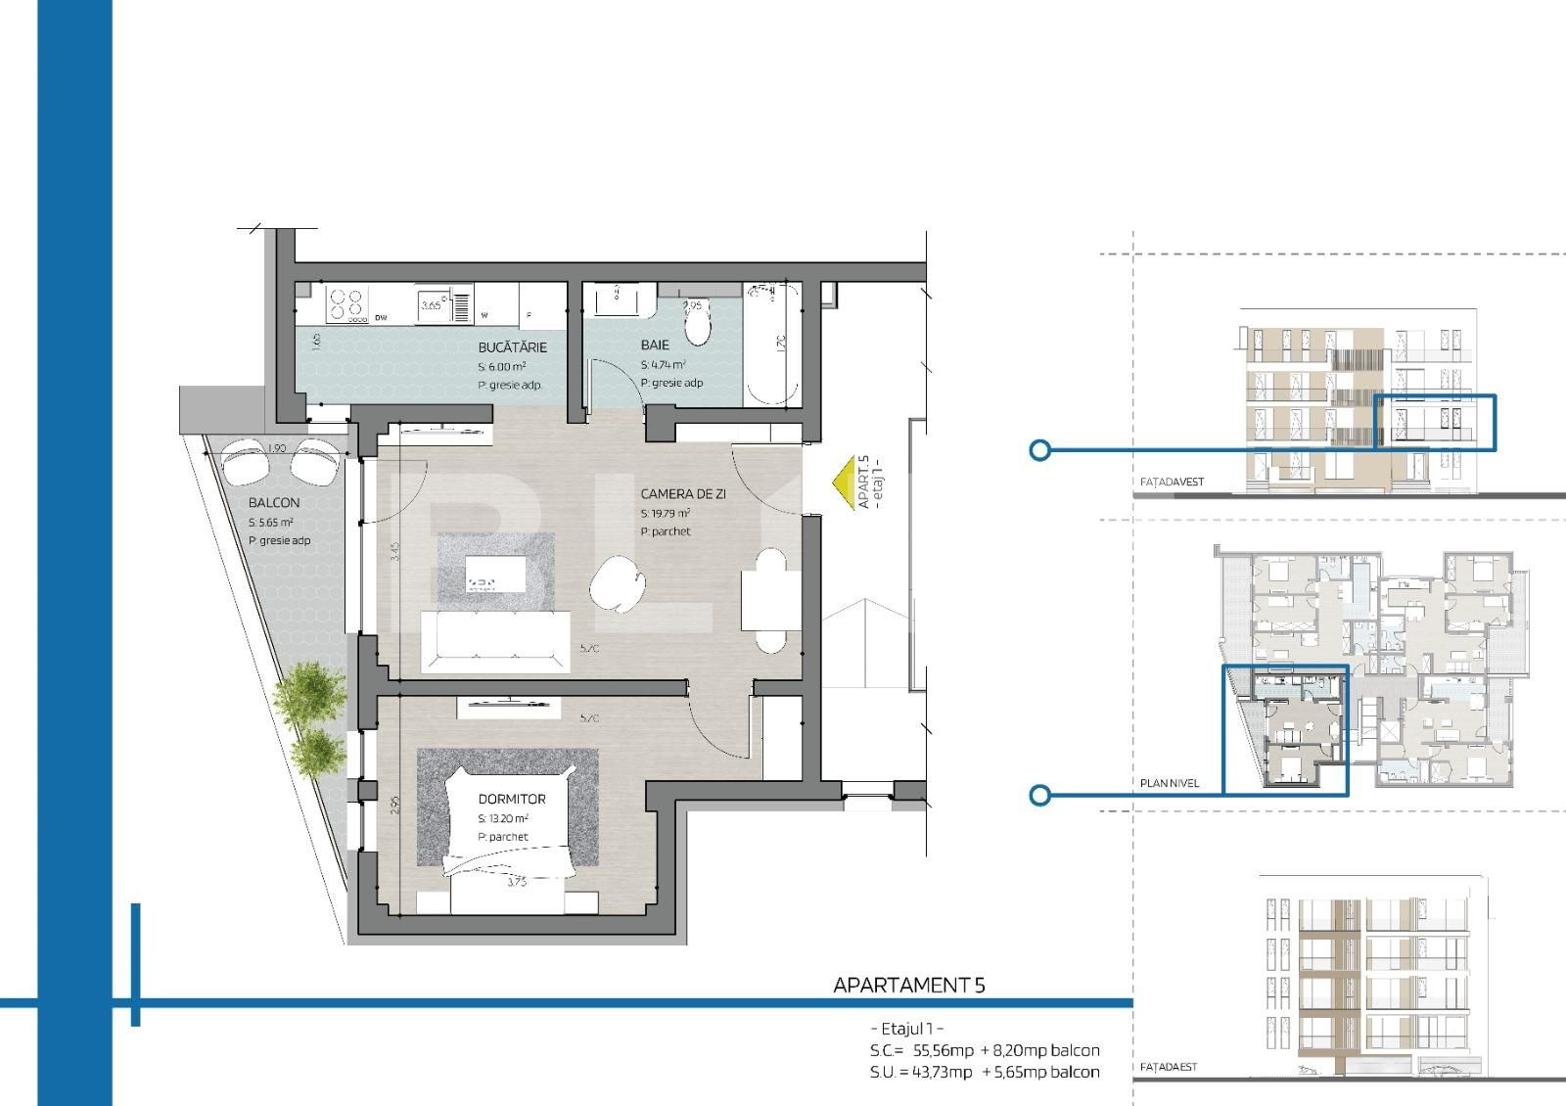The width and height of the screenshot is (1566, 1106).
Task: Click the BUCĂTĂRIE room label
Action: pyautogui.click(x=512, y=347)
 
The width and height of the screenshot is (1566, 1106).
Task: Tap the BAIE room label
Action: pyautogui.click(x=655, y=346)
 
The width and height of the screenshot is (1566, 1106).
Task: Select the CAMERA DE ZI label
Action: pyautogui.click(x=683, y=494)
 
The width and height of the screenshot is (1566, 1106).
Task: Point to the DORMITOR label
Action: pyautogui.click(x=512, y=800)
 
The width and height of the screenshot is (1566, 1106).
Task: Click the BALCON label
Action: pyautogui.click(x=274, y=503)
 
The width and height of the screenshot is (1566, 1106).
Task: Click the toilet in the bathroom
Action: pyautogui.click(x=699, y=328)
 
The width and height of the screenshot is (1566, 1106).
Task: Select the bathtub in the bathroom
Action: pyautogui.click(x=772, y=345)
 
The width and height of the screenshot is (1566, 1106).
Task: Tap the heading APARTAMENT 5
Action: pyautogui.click(x=908, y=986)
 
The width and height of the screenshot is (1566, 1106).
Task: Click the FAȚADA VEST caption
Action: pyautogui.click(x=1172, y=483)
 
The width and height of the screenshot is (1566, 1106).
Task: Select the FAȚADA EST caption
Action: pyautogui.click(x=1169, y=1068)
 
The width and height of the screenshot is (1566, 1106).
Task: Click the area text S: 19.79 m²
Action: pyautogui.click(x=666, y=513)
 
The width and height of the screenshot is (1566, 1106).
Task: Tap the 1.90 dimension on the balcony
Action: pyautogui.click(x=276, y=448)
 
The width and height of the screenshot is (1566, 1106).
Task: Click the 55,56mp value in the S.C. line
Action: pyautogui.click(x=943, y=1051)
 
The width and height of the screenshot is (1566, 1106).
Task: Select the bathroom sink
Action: pyautogui.click(x=619, y=299)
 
